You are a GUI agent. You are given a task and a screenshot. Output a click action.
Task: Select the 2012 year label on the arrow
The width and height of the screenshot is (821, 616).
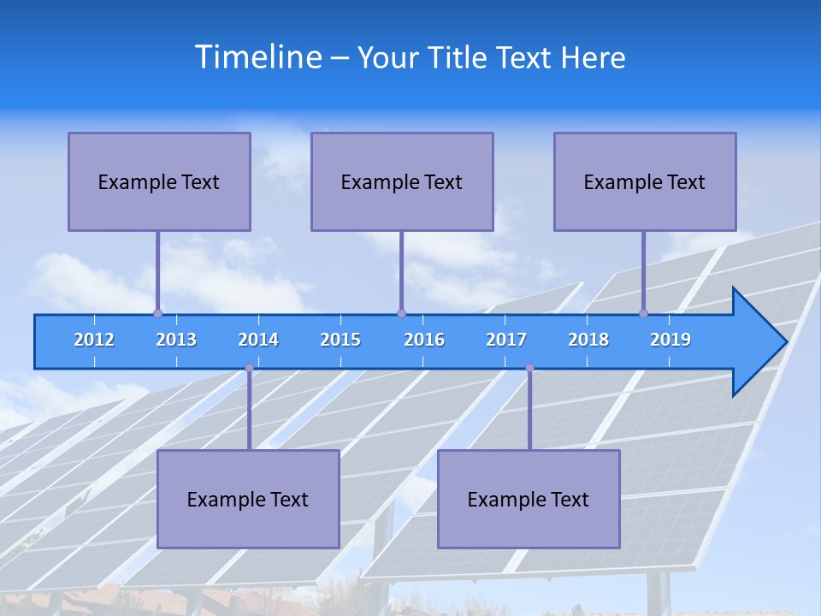pos(94,340)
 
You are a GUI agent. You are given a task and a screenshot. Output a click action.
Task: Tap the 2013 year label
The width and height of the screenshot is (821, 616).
pos(176,340)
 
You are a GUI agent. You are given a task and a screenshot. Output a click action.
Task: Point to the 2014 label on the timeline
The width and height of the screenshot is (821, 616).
pos(258,340)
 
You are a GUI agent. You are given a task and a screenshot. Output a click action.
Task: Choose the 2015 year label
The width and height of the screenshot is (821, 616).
pos(340,340)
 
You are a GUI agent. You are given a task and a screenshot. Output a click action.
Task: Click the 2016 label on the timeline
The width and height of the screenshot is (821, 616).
pos(424,340)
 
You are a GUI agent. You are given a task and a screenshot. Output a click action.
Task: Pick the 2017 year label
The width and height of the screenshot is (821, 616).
pos(506,340)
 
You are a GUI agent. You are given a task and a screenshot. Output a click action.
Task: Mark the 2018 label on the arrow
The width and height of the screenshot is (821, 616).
pos(588,340)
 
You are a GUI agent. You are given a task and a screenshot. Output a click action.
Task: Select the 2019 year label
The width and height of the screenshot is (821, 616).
pos(670,340)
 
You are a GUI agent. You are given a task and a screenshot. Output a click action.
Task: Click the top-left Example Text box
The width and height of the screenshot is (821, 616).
pos(159,181)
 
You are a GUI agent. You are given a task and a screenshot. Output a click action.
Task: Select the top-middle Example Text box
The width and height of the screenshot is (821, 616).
pos(402,181)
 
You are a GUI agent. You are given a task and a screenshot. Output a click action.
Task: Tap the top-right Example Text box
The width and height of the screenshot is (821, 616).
pos(645,181)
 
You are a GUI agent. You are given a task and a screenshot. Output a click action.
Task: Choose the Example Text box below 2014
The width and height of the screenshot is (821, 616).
pos(248,499)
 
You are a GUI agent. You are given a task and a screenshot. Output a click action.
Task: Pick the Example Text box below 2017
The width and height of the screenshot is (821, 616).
pos(529,499)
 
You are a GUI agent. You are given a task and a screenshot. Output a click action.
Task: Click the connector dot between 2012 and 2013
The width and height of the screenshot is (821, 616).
pos(157,313)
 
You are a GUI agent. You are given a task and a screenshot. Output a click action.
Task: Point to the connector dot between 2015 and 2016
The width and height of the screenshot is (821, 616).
pos(401,313)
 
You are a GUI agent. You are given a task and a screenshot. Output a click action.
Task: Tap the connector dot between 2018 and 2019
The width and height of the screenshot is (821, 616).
pos(643,313)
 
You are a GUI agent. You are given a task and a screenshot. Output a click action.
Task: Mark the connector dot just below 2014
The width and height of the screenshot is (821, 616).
pos(249,368)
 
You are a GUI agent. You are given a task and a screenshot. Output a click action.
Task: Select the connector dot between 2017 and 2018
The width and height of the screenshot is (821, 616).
pos(529,368)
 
